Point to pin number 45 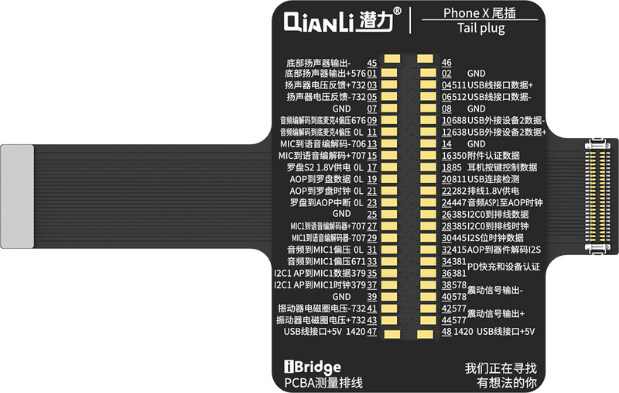coord(371,62)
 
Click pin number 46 coord(446,62)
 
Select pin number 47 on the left coord(371,332)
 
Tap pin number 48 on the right coord(446,332)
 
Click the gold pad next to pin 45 coord(394,57)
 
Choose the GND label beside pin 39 coord(342,296)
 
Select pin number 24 coord(446,202)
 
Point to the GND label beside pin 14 coord(477,144)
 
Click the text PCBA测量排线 coord(319,383)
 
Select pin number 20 coord(446,179)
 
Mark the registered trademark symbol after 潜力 coord(397,12)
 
